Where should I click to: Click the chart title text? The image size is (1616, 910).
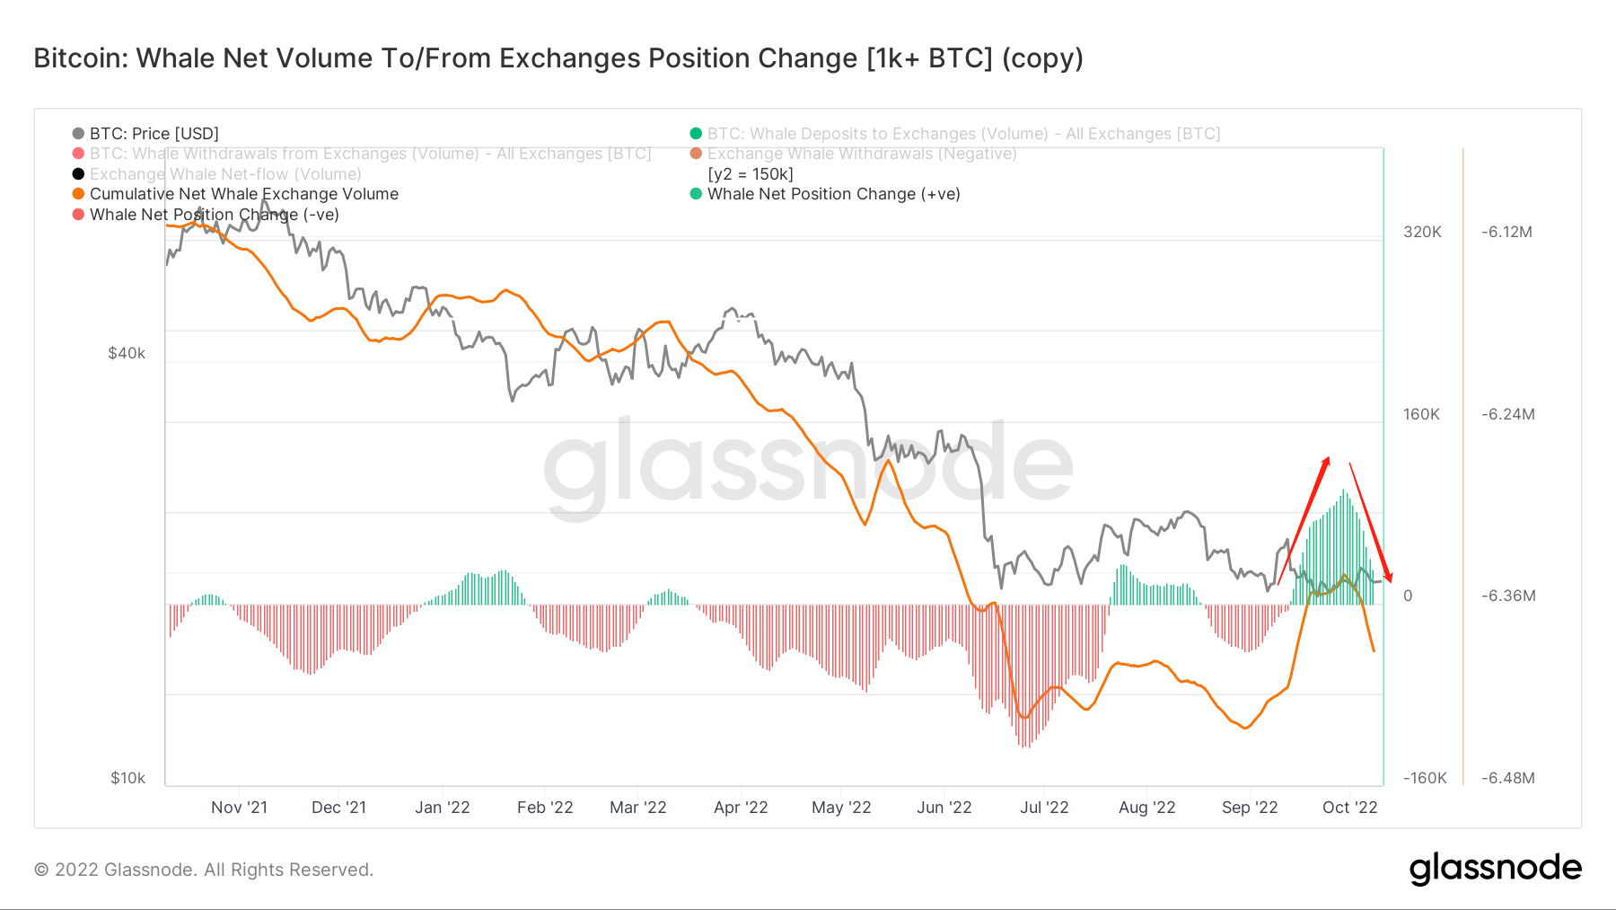point(558,58)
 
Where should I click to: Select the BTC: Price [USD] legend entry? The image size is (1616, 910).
point(154,134)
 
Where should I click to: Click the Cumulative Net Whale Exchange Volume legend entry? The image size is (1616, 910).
point(243,194)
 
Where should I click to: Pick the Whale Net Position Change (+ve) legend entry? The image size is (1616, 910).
point(833,194)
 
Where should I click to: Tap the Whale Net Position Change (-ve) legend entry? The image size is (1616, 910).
point(214,215)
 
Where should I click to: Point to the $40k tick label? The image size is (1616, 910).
point(127,353)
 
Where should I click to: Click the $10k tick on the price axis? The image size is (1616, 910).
point(127,778)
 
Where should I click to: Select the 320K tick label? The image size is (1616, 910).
point(1422,232)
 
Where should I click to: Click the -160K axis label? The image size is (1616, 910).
point(1425,778)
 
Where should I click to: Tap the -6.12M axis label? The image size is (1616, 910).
point(1506,232)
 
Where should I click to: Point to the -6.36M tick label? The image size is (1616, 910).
point(1508,596)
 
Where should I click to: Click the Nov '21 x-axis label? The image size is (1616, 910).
point(239,808)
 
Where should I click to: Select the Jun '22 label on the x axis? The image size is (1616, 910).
point(944,808)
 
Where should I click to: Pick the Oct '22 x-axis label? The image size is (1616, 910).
point(1349,808)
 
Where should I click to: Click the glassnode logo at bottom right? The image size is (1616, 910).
point(1495,869)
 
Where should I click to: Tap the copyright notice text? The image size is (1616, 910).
point(204,870)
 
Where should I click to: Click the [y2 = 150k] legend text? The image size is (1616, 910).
point(751,174)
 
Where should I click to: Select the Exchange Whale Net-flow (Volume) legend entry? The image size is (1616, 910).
point(224,174)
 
